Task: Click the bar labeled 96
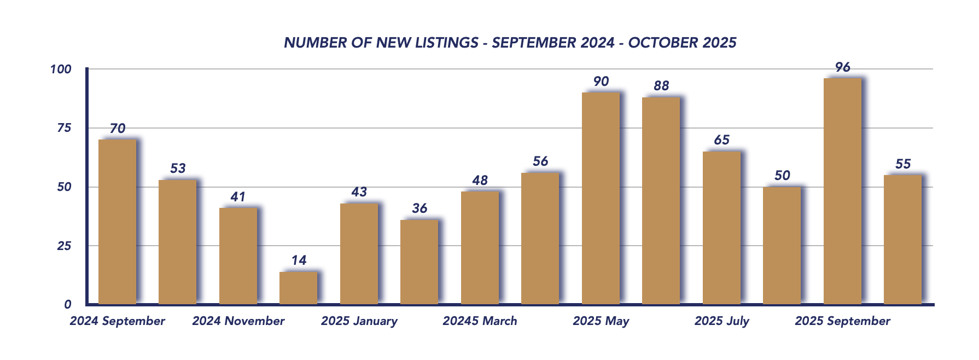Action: coord(842,191)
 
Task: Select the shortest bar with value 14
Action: coord(298,288)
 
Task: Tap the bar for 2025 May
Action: coord(601,198)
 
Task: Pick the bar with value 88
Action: coord(661,200)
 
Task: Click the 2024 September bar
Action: coord(117,222)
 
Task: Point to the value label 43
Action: coord(359,192)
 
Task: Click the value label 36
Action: coord(419,208)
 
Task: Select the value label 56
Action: coord(540,161)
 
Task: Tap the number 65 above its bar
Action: coord(721,140)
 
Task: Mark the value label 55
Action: coord(903,164)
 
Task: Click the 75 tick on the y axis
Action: coord(64,128)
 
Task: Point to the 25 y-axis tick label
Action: coord(64,246)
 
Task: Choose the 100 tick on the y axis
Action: coord(61,69)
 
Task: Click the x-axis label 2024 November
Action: coord(238,321)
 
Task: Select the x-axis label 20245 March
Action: coord(480,321)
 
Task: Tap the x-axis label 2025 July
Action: coord(721,321)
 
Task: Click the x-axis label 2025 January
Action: coord(359,321)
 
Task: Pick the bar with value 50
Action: coord(782,245)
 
